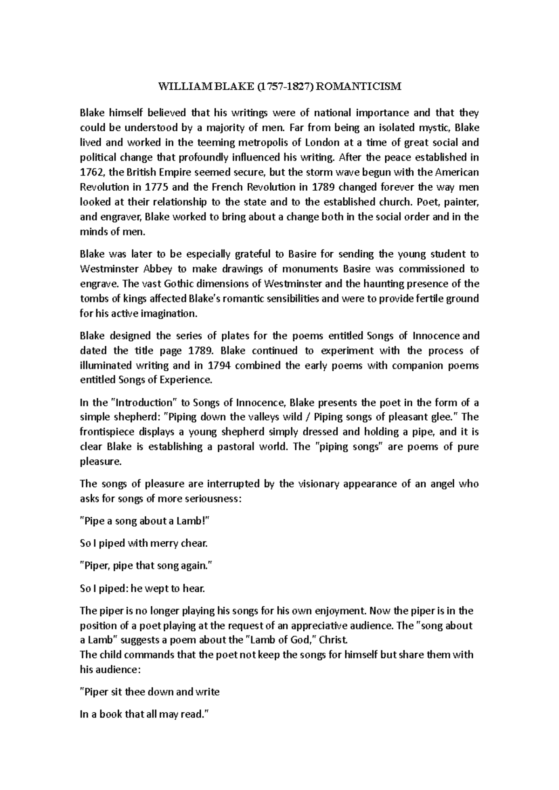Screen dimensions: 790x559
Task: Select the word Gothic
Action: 178,283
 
